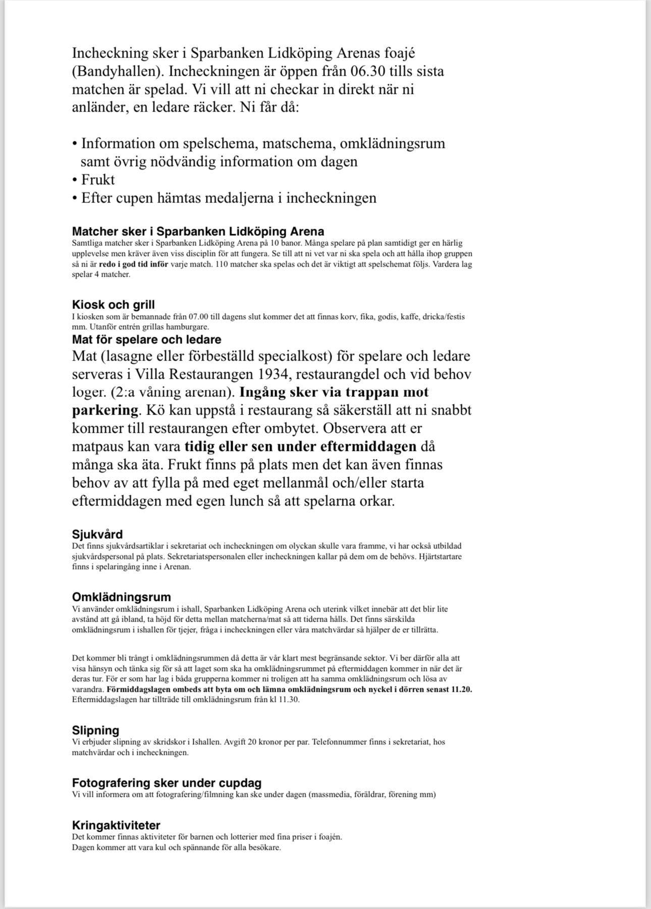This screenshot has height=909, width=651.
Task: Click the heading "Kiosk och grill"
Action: click(x=113, y=305)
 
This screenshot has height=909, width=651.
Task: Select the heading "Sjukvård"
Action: click(x=97, y=534)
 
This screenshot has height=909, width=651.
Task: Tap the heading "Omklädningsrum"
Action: click(x=121, y=597)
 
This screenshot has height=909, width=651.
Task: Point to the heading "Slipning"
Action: click(x=95, y=730)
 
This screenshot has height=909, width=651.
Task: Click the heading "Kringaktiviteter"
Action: click(x=116, y=825)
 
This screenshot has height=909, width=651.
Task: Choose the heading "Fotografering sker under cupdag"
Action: click(x=167, y=783)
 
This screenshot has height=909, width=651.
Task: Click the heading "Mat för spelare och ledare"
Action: click(x=146, y=339)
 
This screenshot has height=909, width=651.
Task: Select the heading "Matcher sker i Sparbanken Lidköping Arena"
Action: click(x=198, y=232)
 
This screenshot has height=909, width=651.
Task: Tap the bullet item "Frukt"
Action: click(x=98, y=180)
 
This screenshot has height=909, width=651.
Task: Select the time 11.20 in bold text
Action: click(x=462, y=689)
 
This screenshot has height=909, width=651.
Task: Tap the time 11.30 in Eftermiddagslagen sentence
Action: click(x=289, y=700)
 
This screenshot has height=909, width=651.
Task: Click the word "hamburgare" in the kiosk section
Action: click(x=190, y=327)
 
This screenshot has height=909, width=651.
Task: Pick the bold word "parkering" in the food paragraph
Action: click(x=105, y=410)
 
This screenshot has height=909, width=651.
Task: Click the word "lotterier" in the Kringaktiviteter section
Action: click(x=214, y=837)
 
